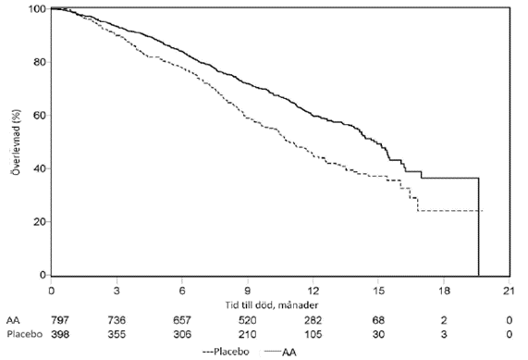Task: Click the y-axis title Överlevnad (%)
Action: [x=16, y=142]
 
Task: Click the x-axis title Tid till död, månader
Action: [x=272, y=305]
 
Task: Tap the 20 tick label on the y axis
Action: [x=40, y=222]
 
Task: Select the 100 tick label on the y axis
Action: [x=37, y=9]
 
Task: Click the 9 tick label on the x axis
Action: [x=248, y=291]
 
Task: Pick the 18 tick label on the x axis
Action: [x=444, y=291]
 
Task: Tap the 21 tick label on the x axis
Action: [x=509, y=291]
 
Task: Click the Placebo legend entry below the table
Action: [x=226, y=352]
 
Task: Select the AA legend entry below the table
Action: [x=280, y=353]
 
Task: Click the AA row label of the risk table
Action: [x=13, y=320]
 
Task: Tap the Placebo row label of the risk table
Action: [x=25, y=334]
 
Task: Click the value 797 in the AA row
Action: [x=60, y=320]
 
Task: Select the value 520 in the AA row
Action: [x=247, y=320]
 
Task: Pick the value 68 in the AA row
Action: [x=378, y=320]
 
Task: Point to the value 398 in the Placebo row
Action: [x=60, y=334]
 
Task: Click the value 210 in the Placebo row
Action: [x=247, y=334]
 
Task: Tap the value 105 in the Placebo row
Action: [x=313, y=334]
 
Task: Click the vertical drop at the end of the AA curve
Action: [x=478, y=227]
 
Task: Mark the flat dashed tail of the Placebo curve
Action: [x=450, y=211]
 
